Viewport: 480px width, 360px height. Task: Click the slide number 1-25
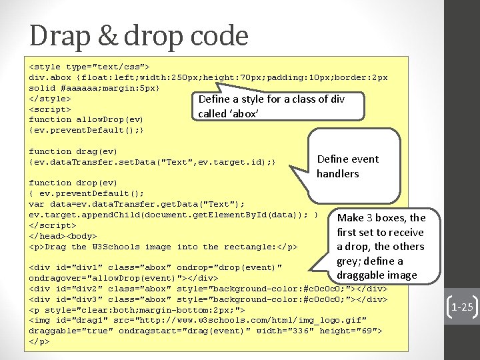(462, 307)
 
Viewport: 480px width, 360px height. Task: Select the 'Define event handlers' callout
(347, 166)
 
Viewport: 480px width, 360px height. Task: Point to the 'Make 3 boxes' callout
(381, 246)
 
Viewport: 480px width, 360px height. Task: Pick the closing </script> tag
(52, 225)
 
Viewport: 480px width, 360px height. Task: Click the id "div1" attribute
(75, 267)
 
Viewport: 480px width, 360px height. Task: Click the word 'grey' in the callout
(351, 261)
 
